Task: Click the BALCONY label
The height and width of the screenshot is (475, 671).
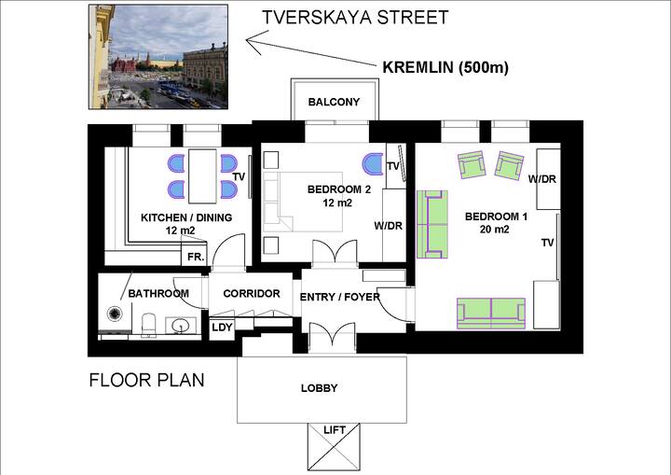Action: point(334,102)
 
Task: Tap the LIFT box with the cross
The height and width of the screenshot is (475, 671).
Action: point(334,447)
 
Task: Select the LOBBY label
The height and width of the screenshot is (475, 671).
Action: point(320,388)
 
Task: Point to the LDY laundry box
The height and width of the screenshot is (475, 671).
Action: point(222,328)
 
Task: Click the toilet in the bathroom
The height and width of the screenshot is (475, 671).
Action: point(148,325)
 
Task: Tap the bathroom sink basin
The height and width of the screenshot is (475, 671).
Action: point(181,327)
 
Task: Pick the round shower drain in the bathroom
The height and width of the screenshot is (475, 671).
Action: point(115,314)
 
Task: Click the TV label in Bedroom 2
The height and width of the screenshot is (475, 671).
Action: point(393,165)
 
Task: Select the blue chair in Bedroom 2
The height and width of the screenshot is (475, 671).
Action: point(373,164)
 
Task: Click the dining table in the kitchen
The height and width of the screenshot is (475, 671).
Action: point(202,176)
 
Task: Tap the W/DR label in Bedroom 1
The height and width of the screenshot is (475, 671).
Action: point(541,179)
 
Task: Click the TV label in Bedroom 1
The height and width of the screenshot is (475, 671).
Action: point(548,243)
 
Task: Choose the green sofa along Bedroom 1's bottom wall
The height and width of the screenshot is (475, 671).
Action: point(491,314)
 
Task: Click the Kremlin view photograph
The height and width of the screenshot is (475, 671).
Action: point(158,57)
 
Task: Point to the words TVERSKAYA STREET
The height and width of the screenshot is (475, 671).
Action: point(355,18)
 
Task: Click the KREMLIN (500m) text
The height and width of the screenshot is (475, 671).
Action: point(445,68)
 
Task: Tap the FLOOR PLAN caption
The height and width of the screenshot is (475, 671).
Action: point(147,380)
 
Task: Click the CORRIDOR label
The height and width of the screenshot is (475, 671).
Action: point(252,294)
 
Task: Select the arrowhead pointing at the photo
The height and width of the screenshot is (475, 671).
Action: point(253,42)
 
